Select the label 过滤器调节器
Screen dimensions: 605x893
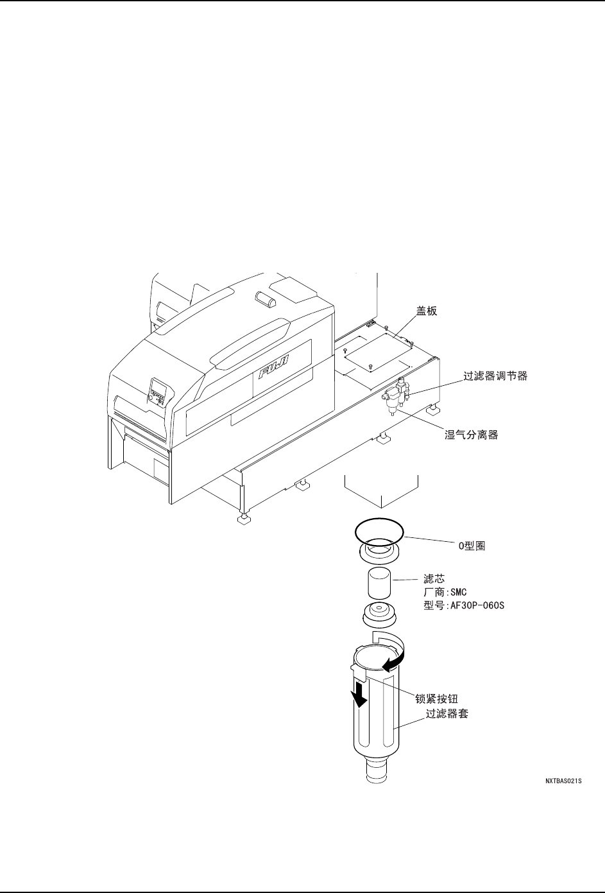(495, 376)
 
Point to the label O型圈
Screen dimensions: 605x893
(471, 546)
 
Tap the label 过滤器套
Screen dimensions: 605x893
(447, 713)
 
